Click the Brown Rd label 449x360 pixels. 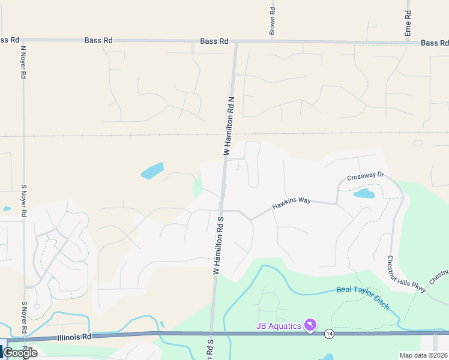[272, 20]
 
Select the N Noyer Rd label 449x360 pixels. [23, 62]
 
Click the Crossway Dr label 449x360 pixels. [365, 176]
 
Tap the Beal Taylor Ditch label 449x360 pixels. [363, 298]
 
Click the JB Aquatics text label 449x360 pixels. [277, 326]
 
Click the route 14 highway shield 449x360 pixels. [329, 333]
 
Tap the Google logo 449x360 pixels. [20, 353]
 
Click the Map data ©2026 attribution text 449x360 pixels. [423, 355]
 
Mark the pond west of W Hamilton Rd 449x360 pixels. [152, 171]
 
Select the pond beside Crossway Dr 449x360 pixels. [364, 194]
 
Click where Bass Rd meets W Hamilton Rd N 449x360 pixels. [236, 41]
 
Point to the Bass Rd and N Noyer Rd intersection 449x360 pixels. [23, 40]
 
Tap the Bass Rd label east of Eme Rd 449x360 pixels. [434, 43]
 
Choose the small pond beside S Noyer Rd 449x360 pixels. [6, 209]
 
